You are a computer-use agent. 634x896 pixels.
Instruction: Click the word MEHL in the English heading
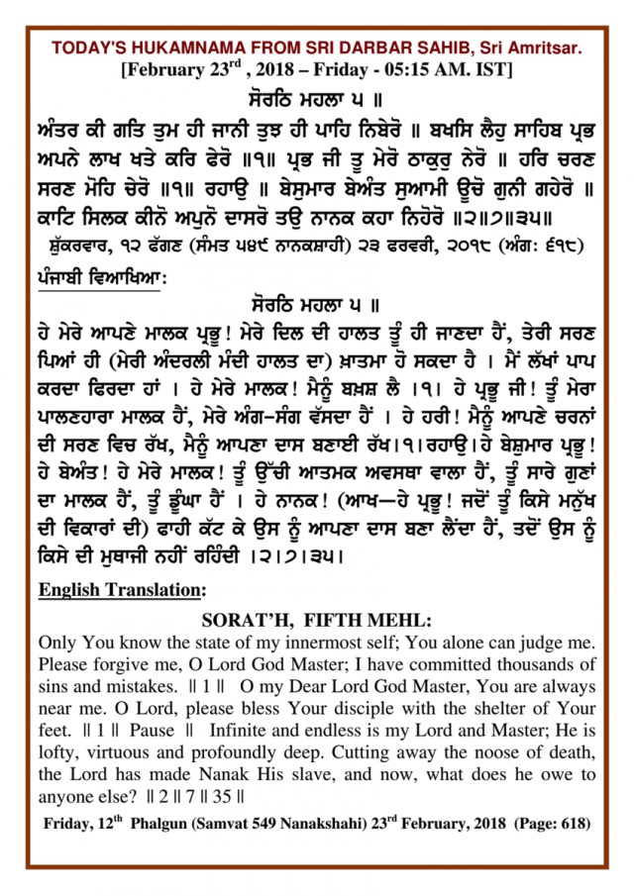[397, 621]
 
